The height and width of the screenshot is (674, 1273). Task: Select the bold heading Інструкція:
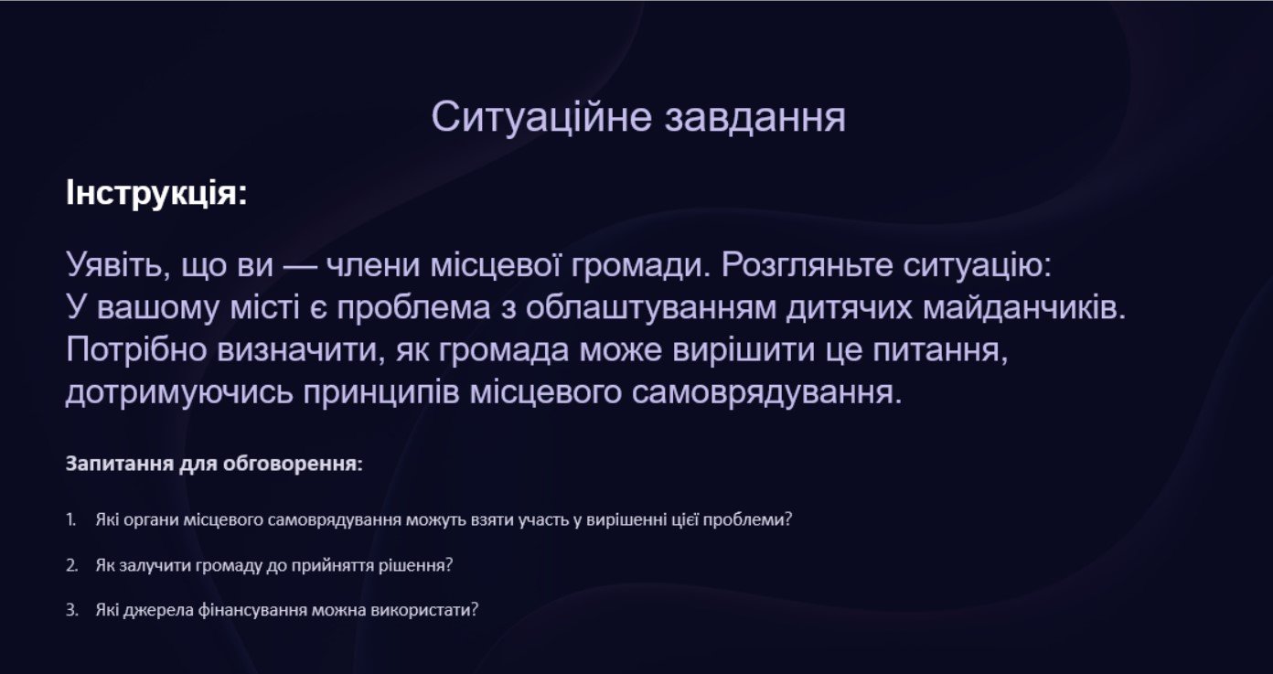tap(156, 193)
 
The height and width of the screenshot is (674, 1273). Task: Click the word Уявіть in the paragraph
tap(118, 265)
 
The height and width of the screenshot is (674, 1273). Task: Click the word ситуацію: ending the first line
tap(978, 265)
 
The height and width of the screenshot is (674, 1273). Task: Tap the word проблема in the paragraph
tap(413, 308)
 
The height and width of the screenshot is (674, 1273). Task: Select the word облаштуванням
tap(650, 308)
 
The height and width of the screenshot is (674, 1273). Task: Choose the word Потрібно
tap(136, 349)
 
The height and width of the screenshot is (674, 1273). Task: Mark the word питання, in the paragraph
tap(940, 350)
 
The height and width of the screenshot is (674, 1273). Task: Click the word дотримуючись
tap(179, 393)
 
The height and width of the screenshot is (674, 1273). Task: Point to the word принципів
tap(381, 393)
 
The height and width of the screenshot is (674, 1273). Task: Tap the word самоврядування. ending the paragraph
tap(767, 393)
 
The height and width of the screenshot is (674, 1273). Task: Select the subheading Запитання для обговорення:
tap(214, 464)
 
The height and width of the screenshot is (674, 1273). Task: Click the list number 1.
tap(71, 519)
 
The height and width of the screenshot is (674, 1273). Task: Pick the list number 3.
tap(71, 610)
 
